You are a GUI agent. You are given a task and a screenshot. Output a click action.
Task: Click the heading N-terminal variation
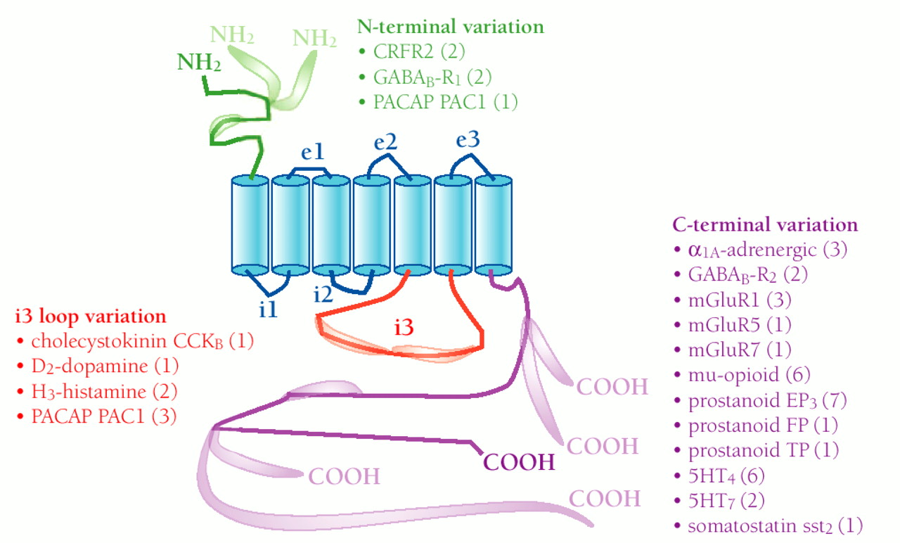pyautogui.click(x=450, y=27)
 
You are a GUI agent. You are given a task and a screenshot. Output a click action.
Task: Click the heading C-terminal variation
pyautogui.click(x=765, y=225)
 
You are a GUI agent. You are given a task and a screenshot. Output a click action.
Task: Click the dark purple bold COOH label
pyautogui.click(x=519, y=462)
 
